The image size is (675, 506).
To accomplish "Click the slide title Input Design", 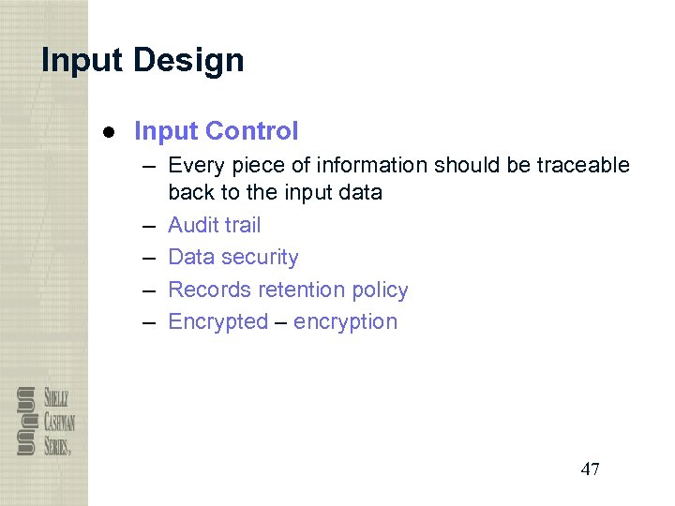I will pos(142,61).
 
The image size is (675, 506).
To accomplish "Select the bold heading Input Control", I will pos(216,131).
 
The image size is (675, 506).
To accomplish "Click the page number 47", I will pos(590,469).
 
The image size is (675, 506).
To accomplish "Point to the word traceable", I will pos(583,166).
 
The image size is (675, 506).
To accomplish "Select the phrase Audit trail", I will pos(214,225).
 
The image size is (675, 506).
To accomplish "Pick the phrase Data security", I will pos(232,257).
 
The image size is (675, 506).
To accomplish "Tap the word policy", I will pos(379,290).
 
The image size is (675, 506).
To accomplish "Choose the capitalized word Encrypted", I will pos(217,321).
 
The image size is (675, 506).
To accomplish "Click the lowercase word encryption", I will pos(345,321).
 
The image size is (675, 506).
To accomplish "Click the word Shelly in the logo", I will pos(54,396).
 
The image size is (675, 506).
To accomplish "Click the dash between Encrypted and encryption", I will pos(281,322).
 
